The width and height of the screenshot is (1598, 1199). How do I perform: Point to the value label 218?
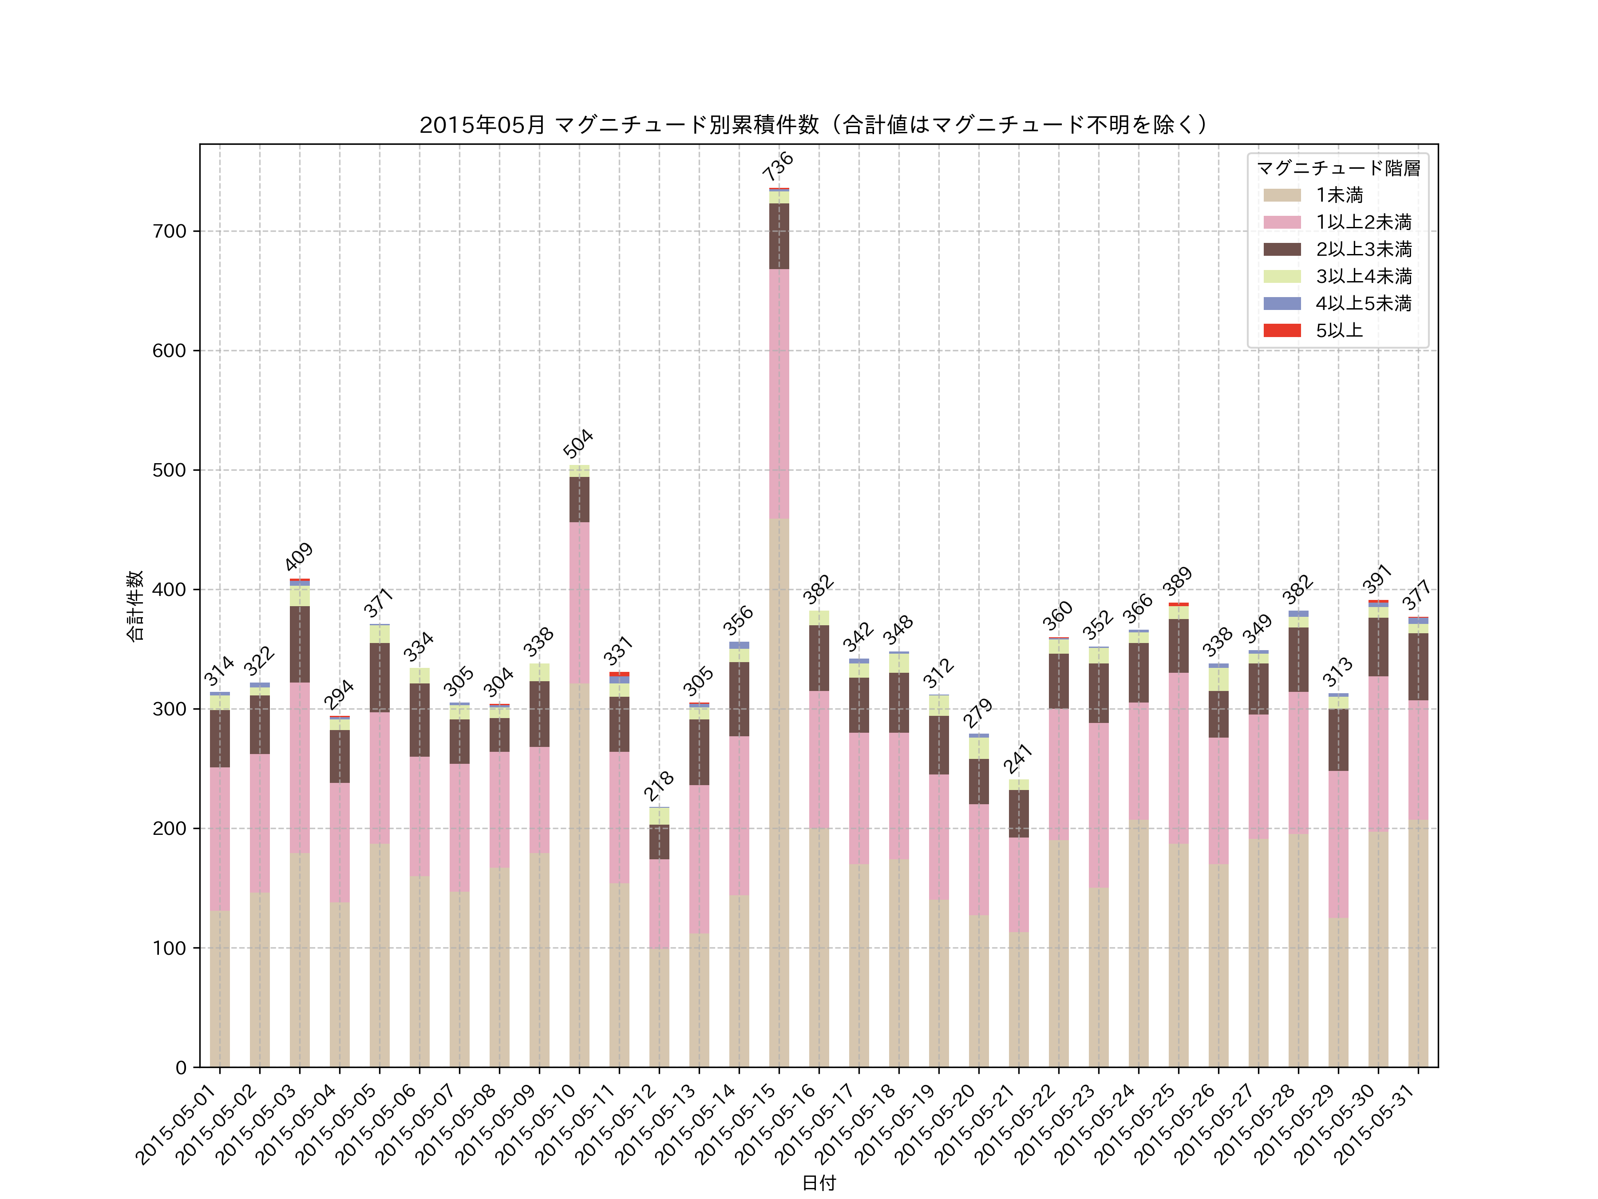[x=658, y=786]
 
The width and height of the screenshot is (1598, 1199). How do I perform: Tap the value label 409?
[x=298, y=556]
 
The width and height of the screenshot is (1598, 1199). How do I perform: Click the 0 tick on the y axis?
[x=181, y=1068]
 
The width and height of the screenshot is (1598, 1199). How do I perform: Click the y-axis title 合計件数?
[x=135, y=606]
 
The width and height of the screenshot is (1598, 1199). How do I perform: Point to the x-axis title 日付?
[x=819, y=1183]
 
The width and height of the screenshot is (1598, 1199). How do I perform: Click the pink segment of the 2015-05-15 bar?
[x=779, y=394]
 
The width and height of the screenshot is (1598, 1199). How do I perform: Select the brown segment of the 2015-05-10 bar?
[x=579, y=500]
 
